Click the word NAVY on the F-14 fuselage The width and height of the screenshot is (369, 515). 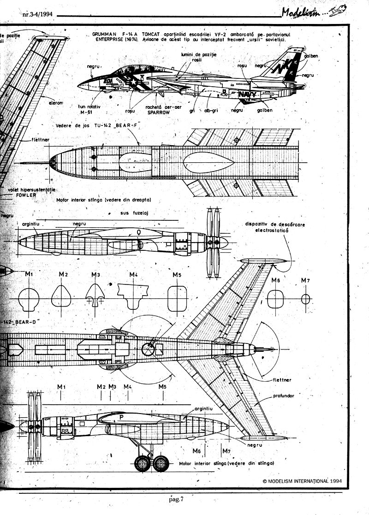tap(248, 95)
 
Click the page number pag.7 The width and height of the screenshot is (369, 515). tap(177, 497)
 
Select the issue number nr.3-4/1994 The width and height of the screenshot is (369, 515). tap(37, 14)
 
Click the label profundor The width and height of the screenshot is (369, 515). tap(283, 396)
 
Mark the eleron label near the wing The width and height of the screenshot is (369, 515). tap(55, 103)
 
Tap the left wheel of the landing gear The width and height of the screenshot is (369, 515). tap(143, 463)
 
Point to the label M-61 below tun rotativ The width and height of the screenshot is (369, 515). tap(93, 112)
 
